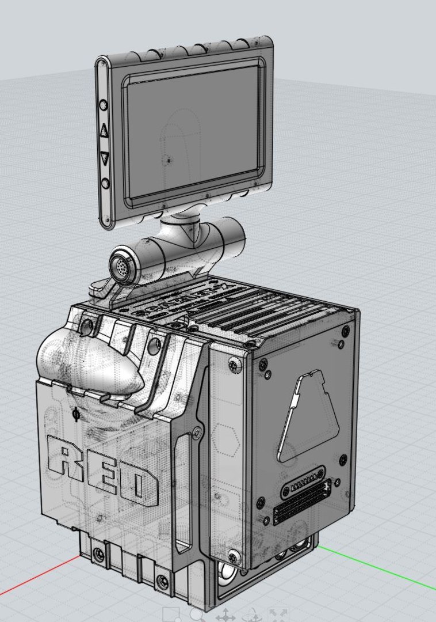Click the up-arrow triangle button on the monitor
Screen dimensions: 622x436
click(x=104, y=130)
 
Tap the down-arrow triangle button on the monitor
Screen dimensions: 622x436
click(x=105, y=157)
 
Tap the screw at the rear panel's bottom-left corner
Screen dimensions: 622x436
click(x=234, y=556)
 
